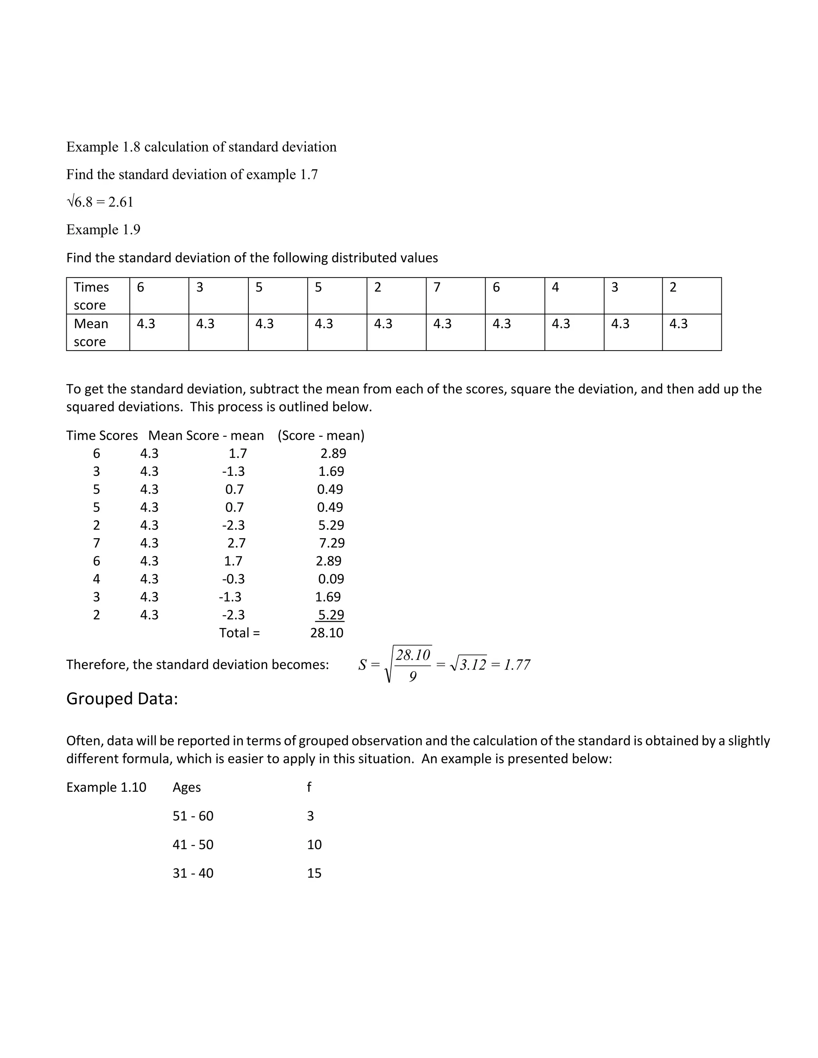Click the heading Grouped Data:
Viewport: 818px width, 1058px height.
click(122, 699)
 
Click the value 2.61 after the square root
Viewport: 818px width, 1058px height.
click(121, 202)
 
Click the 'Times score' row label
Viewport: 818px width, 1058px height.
click(91, 296)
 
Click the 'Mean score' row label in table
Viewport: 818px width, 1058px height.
click(91, 332)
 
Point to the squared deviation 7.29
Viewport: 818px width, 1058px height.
click(332, 543)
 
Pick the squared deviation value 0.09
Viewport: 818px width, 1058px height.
click(331, 579)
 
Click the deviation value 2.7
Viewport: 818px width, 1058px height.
click(236, 543)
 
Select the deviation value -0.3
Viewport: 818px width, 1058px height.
click(234, 579)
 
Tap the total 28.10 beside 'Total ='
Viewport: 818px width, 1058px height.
click(327, 633)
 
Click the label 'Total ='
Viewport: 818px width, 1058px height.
click(239, 633)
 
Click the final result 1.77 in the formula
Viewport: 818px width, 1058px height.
click(517, 665)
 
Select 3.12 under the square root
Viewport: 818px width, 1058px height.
click(473, 665)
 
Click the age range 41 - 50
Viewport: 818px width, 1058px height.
click(193, 844)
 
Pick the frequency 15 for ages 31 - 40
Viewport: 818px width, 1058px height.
click(314, 873)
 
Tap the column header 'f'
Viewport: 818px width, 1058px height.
click(309, 787)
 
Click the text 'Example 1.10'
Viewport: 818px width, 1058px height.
click(106, 787)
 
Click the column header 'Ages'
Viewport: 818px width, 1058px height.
click(187, 787)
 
